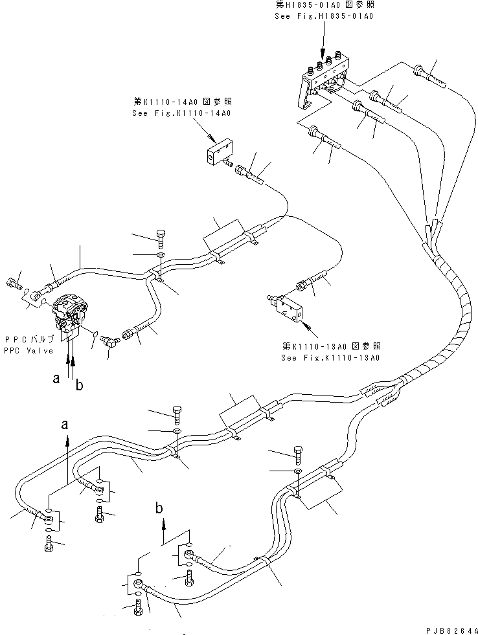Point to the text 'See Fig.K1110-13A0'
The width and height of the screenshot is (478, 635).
point(330,357)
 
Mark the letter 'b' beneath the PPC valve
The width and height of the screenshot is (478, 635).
point(78,386)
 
